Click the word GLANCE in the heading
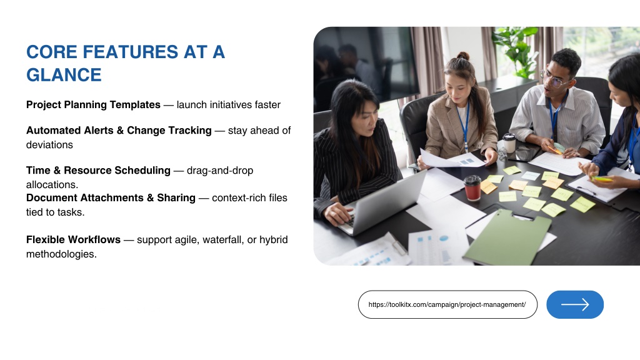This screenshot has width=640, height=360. click(x=64, y=75)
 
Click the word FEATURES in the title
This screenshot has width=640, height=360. click(x=131, y=52)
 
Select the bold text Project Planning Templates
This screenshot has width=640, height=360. click(x=93, y=105)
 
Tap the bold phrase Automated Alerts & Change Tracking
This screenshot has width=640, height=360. click(x=119, y=130)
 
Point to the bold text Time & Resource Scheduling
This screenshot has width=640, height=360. click(x=98, y=170)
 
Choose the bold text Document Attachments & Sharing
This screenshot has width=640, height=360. click(x=111, y=197)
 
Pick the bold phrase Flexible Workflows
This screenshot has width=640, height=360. click(x=74, y=239)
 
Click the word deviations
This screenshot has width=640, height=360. click(x=49, y=145)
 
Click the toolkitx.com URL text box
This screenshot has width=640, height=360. click(x=447, y=304)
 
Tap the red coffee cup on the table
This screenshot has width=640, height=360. click(x=472, y=187)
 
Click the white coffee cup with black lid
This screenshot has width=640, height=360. click(x=509, y=143)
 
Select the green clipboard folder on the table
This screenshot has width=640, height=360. click(x=507, y=238)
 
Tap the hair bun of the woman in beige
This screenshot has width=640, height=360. click(x=462, y=56)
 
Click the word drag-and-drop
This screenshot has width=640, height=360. click(x=220, y=170)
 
